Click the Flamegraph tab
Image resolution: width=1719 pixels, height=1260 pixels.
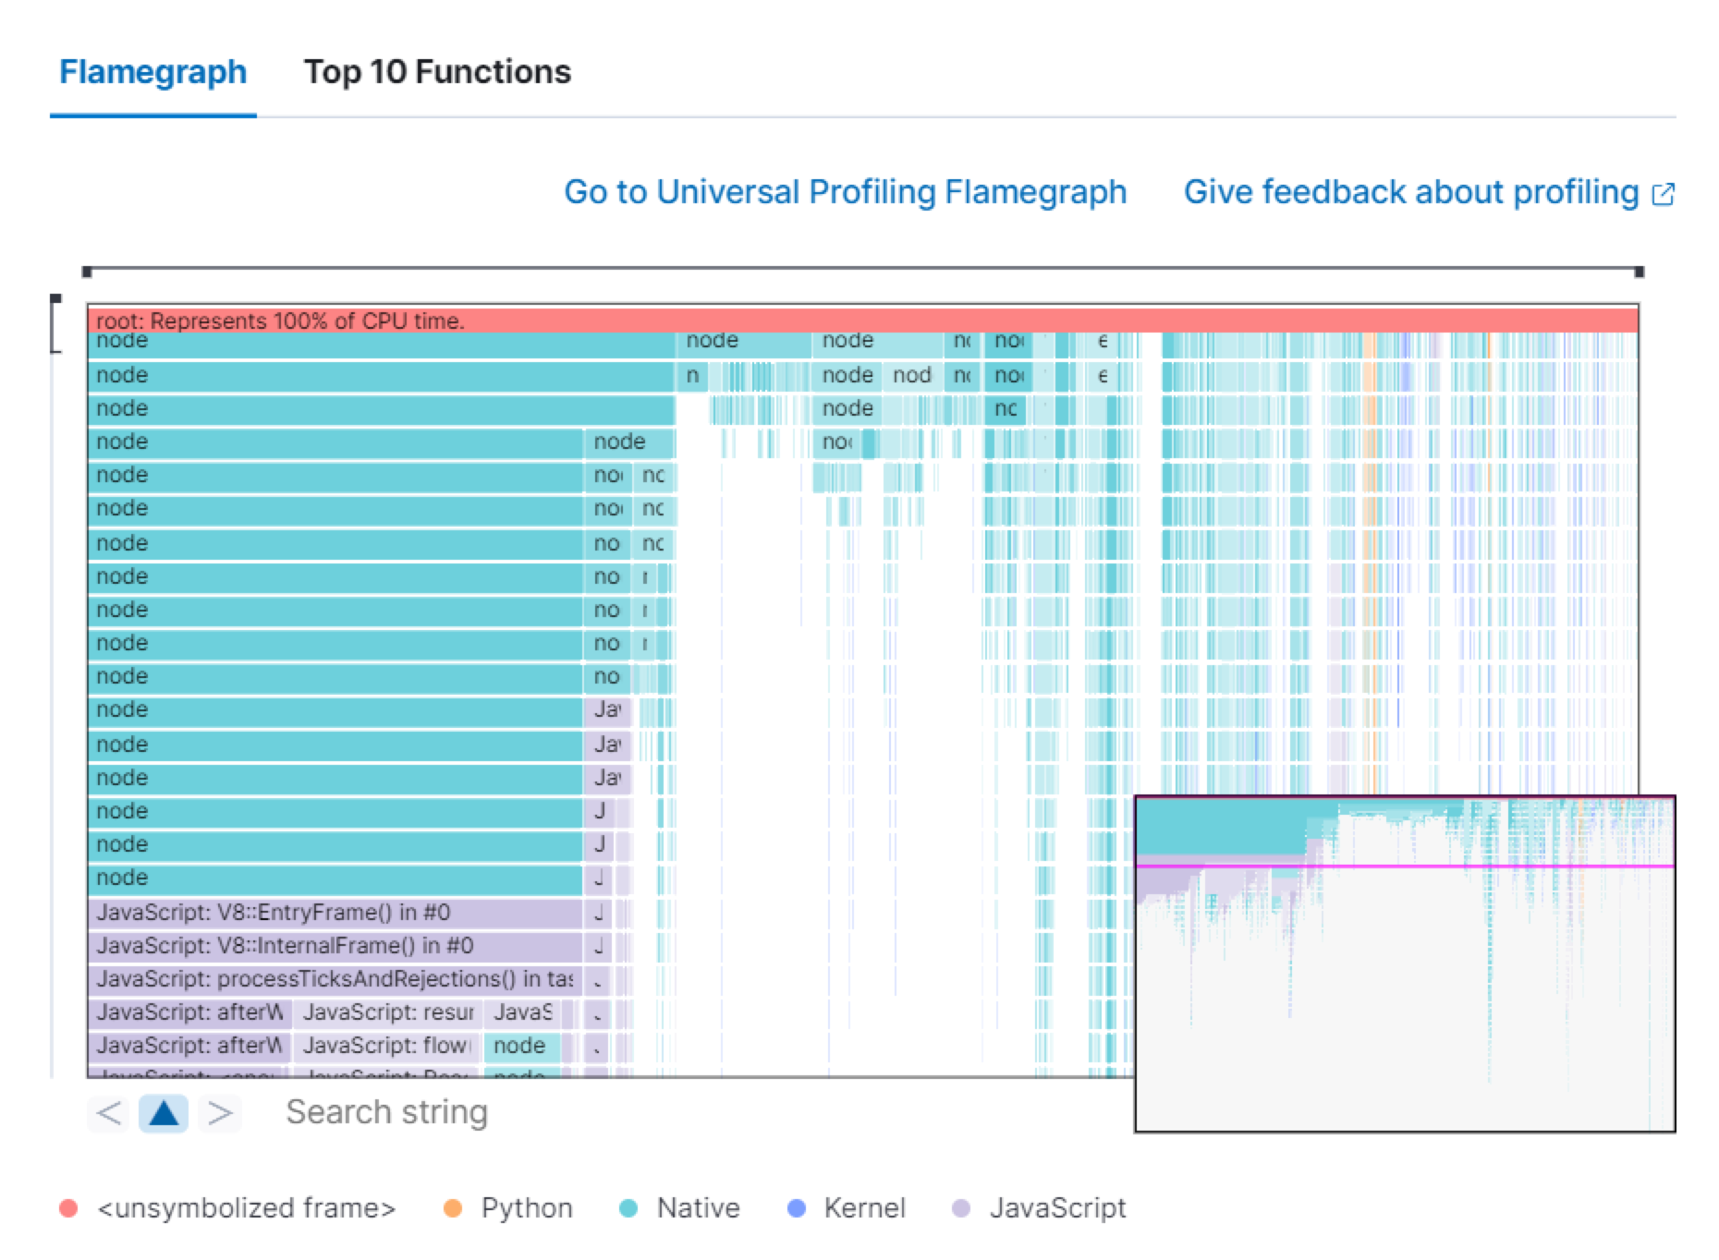click(152, 72)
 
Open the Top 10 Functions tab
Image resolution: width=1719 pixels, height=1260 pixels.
click(437, 72)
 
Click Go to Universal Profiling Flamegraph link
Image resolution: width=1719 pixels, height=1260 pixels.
click(845, 192)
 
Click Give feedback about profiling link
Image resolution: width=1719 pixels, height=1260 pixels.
click(1410, 192)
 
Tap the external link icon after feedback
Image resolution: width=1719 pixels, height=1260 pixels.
click(1663, 194)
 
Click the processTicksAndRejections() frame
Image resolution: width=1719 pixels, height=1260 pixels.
click(335, 979)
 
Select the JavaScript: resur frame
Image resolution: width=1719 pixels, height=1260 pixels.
click(387, 1012)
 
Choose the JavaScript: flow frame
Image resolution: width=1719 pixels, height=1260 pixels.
click(385, 1046)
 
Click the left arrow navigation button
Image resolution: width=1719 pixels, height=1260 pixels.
click(109, 1113)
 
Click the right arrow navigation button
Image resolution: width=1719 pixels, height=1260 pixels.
click(220, 1113)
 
